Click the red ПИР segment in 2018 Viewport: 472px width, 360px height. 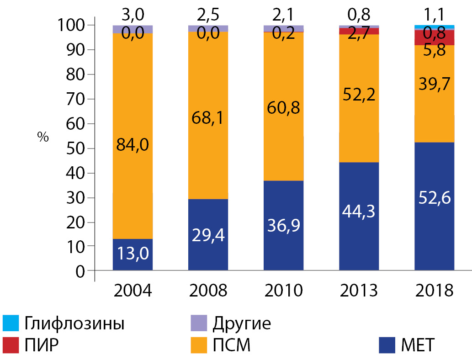pos(434,38)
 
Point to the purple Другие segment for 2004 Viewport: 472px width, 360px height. pos(133,29)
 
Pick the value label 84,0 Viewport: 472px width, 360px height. pos(133,147)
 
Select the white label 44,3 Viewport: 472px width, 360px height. pos(359,212)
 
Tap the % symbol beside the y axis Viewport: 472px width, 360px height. pos(43,138)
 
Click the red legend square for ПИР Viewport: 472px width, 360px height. pos(11,345)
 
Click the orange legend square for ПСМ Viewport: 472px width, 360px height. pos(198,345)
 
